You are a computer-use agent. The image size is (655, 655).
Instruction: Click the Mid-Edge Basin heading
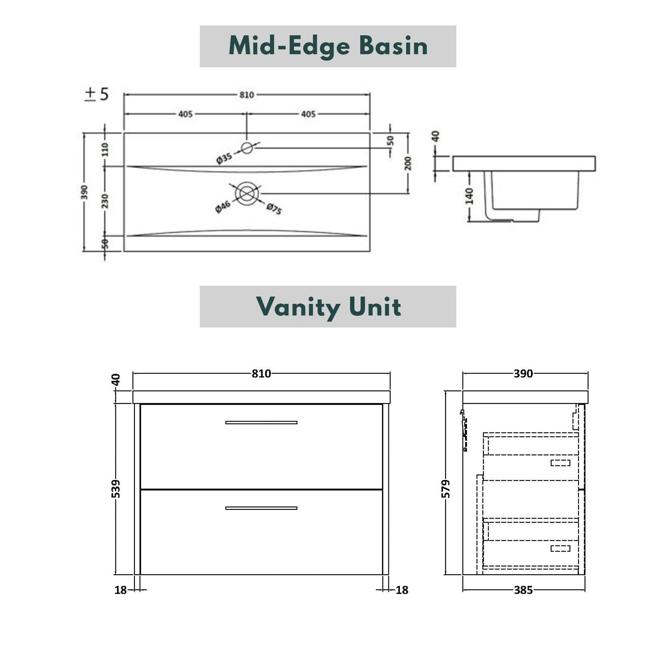pyautogui.click(x=328, y=46)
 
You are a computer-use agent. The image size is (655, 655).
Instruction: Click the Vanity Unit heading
pyautogui.click(x=328, y=306)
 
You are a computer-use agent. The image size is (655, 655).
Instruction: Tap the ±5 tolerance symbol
pyautogui.click(x=96, y=94)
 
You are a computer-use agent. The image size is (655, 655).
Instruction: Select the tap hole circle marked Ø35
pyautogui.click(x=247, y=148)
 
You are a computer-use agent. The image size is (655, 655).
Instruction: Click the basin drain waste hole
pyautogui.click(x=247, y=194)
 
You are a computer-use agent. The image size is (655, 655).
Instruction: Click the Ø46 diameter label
pyautogui.click(x=223, y=206)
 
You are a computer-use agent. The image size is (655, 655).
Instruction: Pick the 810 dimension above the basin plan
pyautogui.click(x=246, y=95)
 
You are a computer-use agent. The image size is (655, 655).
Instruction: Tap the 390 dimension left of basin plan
pyautogui.click(x=84, y=192)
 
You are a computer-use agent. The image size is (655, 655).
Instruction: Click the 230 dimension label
pyautogui.click(x=105, y=201)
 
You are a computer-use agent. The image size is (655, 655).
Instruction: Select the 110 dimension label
pyautogui.click(x=105, y=149)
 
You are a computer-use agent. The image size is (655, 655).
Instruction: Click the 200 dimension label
pyautogui.click(x=408, y=163)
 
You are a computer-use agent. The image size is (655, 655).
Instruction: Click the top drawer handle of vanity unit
pyautogui.click(x=261, y=422)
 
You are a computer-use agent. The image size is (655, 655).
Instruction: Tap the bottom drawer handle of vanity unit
pyautogui.click(x=261, y=508)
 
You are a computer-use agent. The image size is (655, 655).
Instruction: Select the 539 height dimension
pyautogui.click(x=116, y=489)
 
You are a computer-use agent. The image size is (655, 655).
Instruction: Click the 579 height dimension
pyautogui.click(x=446, y=489)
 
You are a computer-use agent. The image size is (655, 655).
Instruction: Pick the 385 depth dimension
pyautogui.click(x=523, y=590)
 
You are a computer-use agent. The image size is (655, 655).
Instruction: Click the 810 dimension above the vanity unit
pyautogui.click(x=261, y=374)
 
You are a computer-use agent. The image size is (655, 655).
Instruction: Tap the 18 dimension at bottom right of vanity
pyautogui.click(x=402, y=590)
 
